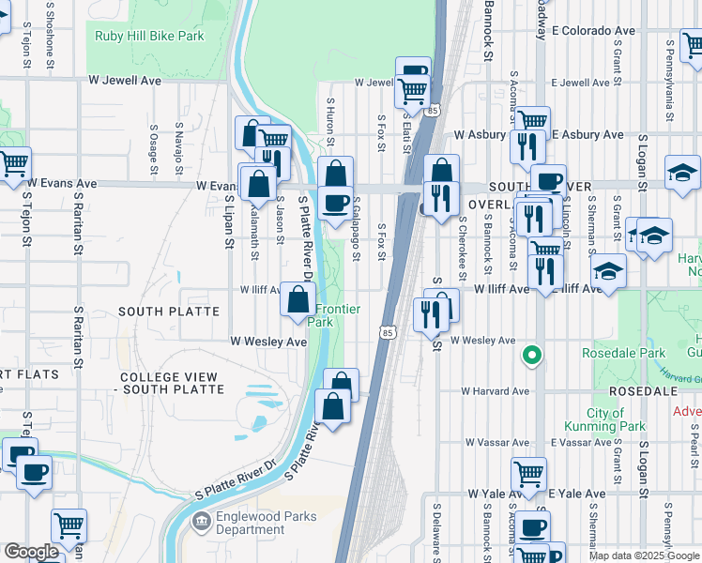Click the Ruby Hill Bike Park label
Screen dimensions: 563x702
pyautogui.click(x=148, y=37)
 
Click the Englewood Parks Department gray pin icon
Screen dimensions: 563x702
pyautogui.click(x=200, y=521)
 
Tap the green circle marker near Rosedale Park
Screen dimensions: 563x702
pyautogui.click(x=532, y=356)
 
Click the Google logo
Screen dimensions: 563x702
pyautogui.click(x=31, y=552)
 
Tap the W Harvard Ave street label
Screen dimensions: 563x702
pyautogui.click(x=495, y=391)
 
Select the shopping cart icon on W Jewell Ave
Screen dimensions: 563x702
pyautogui.click(x=411, y=91)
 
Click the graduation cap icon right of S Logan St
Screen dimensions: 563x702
pyautogui.click(x=682, y=171)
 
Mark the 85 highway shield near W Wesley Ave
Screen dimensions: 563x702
pyautogui.click(x=387, y=331)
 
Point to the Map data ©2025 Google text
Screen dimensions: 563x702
pyautogui.click(x=643, y=555)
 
